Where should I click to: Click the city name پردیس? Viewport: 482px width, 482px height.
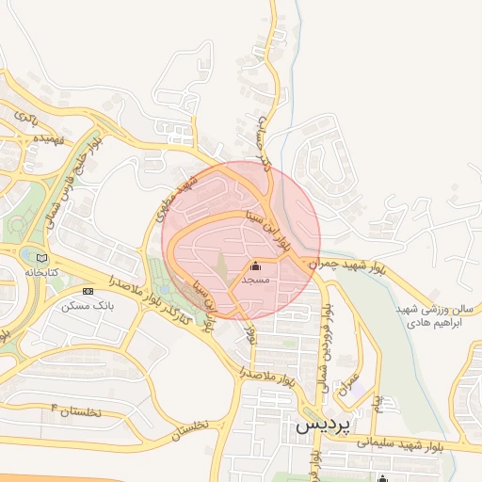(323, 425)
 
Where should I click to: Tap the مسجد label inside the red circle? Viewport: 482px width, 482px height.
(255, 281)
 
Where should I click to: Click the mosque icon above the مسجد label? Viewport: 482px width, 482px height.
(255, 266)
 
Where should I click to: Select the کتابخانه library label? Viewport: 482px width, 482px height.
(40, 271)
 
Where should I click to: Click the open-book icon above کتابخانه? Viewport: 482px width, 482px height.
(40, 257)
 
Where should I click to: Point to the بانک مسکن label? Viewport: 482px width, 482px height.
(88, 306)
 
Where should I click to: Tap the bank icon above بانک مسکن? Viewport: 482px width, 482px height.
(88, 292)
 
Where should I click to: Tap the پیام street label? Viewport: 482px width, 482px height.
(378, 404)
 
